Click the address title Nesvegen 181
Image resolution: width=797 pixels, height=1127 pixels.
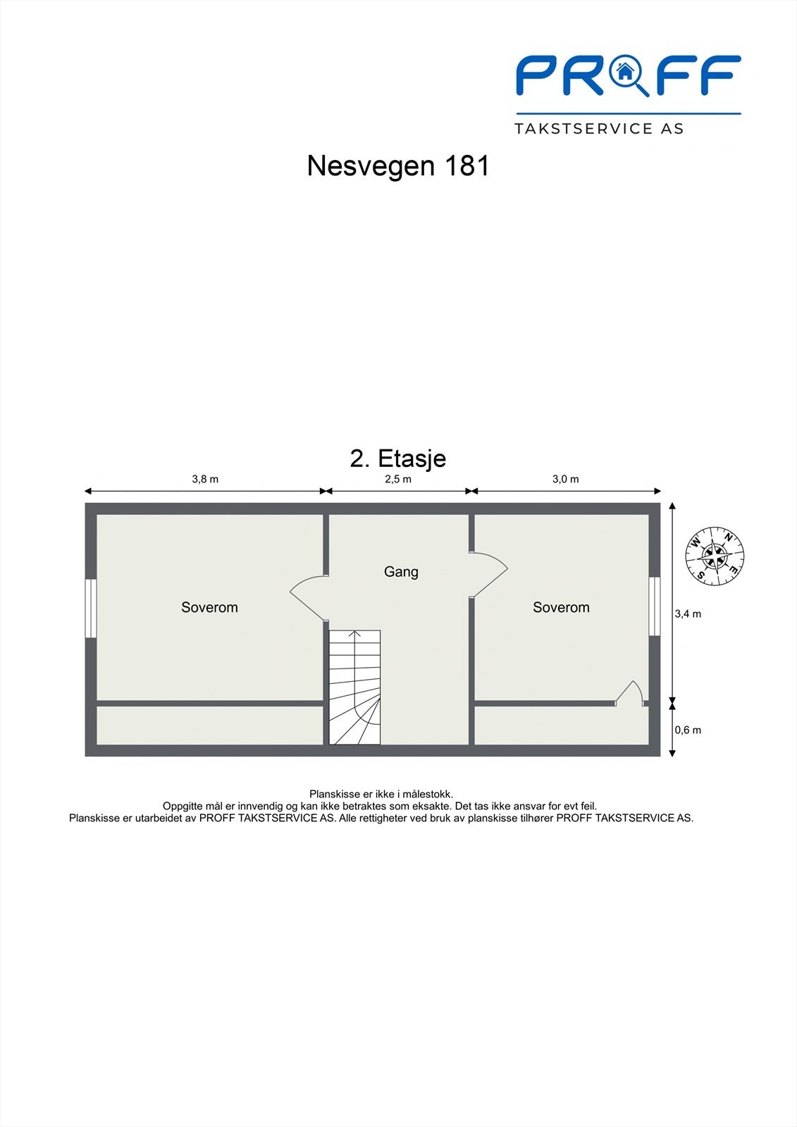pos(398,166)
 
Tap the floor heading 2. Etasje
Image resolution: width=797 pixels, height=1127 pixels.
pos(397,459)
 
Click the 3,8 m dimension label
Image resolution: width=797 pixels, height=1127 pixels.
pos(205,479)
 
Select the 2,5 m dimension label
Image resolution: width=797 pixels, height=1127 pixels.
pos(398,479)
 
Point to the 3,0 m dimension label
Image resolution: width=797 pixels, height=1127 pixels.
pos(566,479)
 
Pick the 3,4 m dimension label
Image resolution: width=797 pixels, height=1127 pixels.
pos(688,614)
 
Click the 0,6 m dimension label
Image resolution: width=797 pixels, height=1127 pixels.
pos(688,730)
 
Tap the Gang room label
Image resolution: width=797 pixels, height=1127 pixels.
pos(401,572)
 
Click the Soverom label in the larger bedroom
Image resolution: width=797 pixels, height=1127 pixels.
pos(209,607)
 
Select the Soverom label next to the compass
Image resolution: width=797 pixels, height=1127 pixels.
pos(562,607)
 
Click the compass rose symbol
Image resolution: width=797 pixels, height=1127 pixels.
pos(715,556)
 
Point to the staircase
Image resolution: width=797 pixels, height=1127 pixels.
pos(354,687)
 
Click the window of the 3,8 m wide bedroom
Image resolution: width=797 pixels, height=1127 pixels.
pos(91,609)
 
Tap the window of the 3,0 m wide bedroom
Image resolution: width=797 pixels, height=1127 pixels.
pos(655,606)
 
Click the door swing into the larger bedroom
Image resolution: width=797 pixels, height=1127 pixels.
pos(308,598)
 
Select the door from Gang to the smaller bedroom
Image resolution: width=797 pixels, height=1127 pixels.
pos(488,575)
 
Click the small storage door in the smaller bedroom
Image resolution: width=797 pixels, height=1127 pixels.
pos(629,693)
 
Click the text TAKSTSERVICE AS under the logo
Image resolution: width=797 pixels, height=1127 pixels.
pos(599,129)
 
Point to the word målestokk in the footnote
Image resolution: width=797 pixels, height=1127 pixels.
pos(428,794)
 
